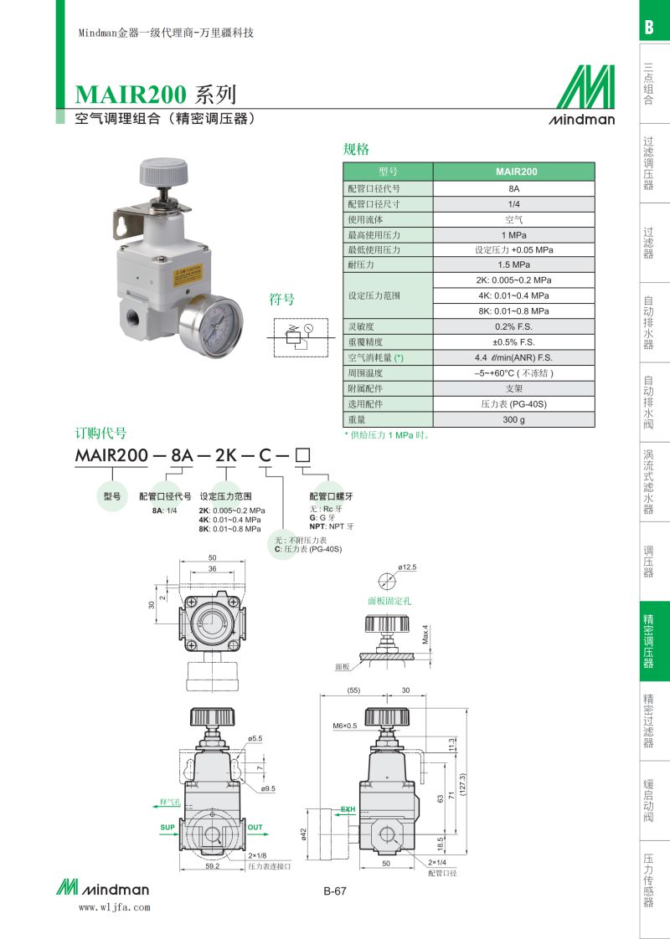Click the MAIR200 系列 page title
click(155, 95)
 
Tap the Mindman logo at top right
click(582, 95)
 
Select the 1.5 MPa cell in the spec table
click(513, 264)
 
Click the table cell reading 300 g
click(513, 420)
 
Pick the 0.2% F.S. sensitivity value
click(513, 327)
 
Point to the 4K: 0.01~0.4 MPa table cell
click(513, 295)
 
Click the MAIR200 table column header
click(513, 172)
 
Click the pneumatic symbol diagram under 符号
click(301, 338)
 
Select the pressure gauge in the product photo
click(210, 326)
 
